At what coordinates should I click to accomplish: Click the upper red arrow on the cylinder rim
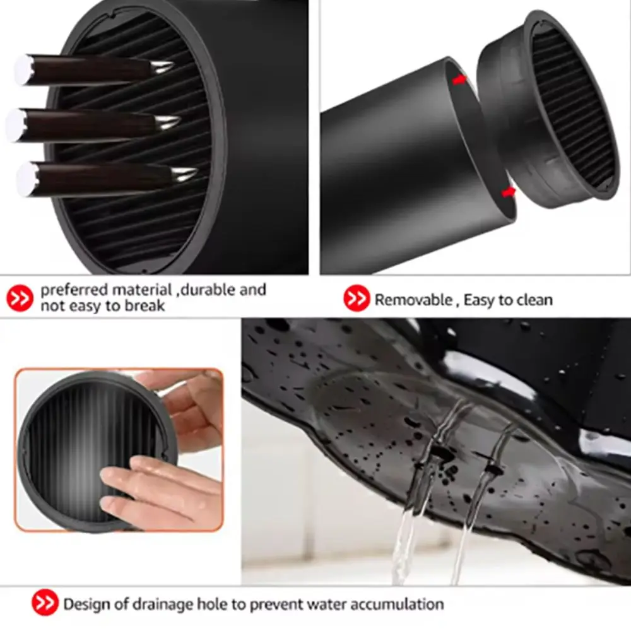[x=459, y=80]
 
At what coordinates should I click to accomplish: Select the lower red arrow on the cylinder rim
[x=508, y=192]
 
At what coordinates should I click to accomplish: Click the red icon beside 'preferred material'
[x=20, y=298]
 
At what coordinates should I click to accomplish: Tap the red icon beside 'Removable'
[x=356, y=298]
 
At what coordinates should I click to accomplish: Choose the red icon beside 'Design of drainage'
[x=45, y=603]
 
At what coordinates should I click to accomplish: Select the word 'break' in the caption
[x=145, y=306]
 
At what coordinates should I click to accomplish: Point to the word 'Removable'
[x=413, y=300]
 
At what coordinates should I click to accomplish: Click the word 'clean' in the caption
[x=535, y=300]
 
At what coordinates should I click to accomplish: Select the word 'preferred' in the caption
[x=74, y=290]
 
